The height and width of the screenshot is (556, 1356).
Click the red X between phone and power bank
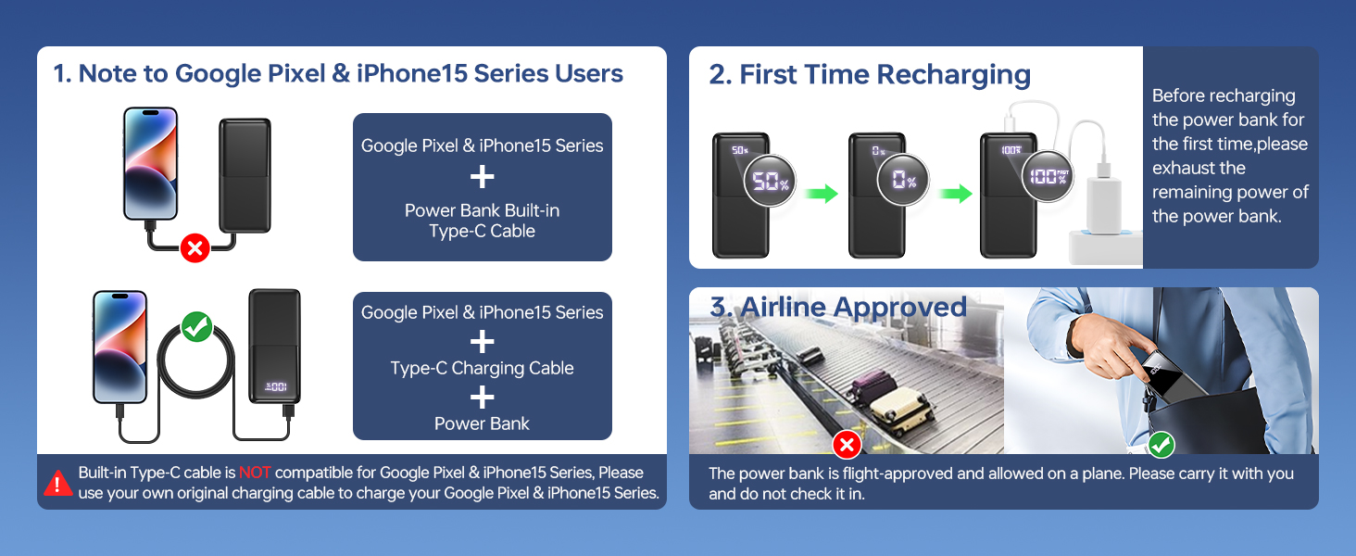pyautogui.click(x=195, y=247)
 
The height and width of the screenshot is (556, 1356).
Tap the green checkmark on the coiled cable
pyautogui.click(x=196, y=326)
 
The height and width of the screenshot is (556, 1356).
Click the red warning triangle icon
pyautogui.click(x=57, y=483)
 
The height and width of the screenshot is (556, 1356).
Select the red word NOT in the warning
pyautogui.click(x=255, y=473)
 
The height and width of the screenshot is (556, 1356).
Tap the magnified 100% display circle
pyautogui.click(x=1048, y=175)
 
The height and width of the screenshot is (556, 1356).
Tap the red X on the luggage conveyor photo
pyautogui.click(x=847, y=446)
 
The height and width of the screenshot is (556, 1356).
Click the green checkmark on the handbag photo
pyautogui.click(x=1161, y=446)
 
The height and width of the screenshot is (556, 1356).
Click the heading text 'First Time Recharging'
pyautogui.click(x=870, y=74)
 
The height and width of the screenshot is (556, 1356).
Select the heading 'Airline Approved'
pyautogui.click(x=838, y=307)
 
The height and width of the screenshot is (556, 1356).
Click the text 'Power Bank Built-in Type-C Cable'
pyautogui.click(x=482, y=221)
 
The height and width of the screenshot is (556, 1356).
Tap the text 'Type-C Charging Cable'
pyautogui.click(x=482, y=368)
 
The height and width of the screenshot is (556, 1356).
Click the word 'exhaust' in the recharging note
pyautogui.click(x=1181, y=168)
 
